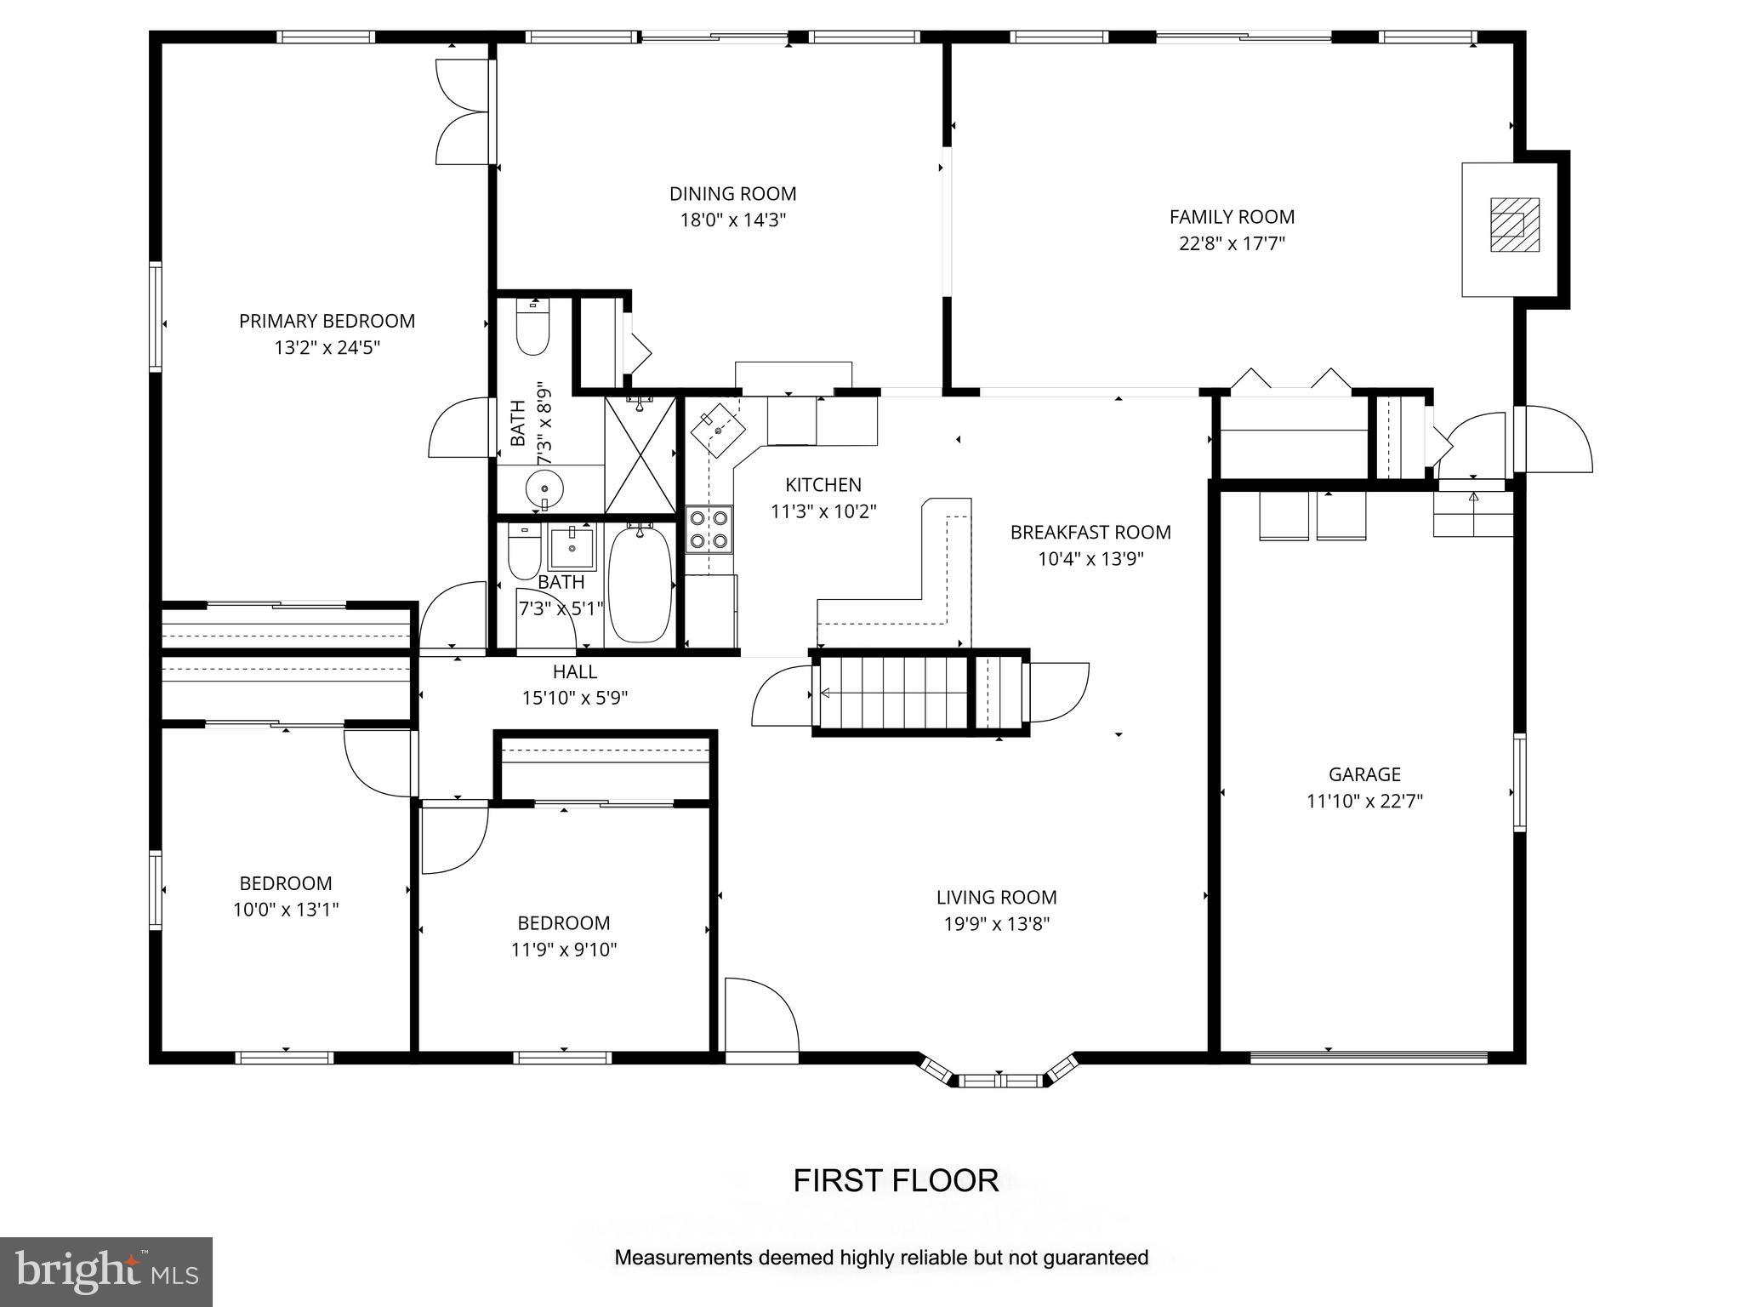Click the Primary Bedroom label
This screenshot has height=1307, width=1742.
327,321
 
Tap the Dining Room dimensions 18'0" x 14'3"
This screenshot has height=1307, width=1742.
732,220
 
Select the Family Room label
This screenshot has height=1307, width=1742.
1232,217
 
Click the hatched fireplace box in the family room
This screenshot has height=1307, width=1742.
1514,225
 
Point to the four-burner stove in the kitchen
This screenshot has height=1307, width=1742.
709,528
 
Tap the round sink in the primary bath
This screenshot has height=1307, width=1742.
544,488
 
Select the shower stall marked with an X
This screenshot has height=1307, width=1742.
640,455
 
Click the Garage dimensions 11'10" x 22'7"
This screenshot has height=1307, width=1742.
1364,801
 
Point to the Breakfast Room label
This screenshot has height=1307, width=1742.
1090,533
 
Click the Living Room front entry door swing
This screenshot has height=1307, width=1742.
760,1018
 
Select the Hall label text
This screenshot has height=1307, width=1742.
574,671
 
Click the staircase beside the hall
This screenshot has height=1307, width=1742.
893,693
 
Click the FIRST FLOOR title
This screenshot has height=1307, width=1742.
896,1180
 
